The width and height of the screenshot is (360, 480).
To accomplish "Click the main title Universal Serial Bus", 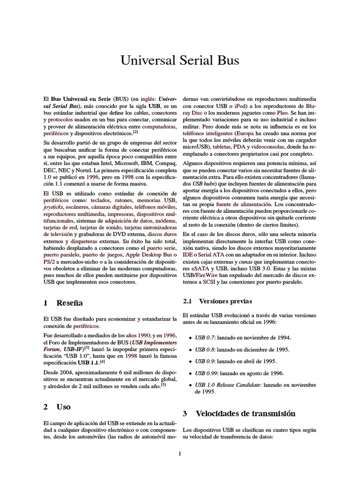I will pyautogui.click(x=180, y=60).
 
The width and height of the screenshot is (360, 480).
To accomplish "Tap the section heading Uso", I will pyautogui.click(x=63, y=406).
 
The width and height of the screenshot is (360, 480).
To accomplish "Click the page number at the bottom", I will pyautogui.click(x=180, y=453).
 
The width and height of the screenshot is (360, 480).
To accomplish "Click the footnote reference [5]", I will pyautogui.click(x=163, y=384).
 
